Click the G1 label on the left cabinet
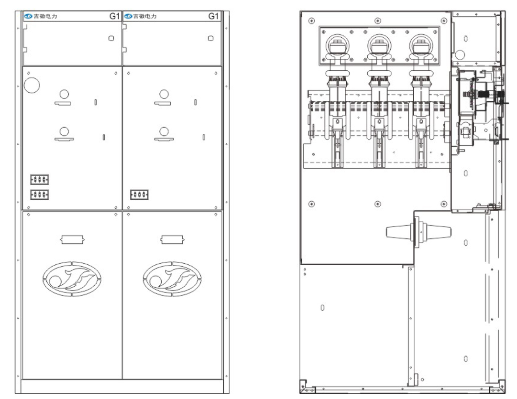click(114, 16)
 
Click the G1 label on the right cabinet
click(213, 16)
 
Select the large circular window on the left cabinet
click(32, 85)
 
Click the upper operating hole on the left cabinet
click(64, 95)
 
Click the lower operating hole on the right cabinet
click(164, 132)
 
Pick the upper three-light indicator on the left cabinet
click(40, 180)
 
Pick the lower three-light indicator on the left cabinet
click(40, 195)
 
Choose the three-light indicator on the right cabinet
click(139, 195)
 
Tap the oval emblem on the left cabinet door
click(72, 279)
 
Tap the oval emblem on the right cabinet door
click(172, 279)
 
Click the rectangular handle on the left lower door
click(72, 239)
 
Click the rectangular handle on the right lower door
click(172, 239)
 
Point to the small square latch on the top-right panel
click(211, 38)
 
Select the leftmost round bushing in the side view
click(337, 46)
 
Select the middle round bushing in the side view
click(379, 46)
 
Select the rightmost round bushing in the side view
click(421, 46)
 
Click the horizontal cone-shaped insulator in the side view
click(418, 232)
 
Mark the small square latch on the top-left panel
click(111, 38)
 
